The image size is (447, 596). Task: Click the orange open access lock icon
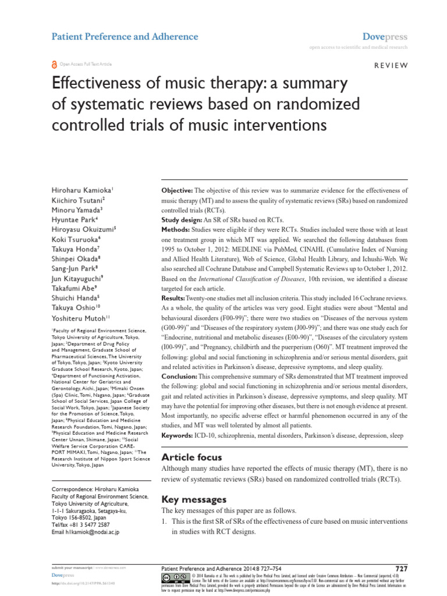click(55, 64)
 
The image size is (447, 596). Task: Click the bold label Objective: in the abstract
click(176, 191)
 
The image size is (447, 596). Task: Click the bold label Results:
click(173, 281)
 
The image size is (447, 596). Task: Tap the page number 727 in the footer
click(402, 567)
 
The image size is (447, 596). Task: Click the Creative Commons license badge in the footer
click(174, 578)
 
